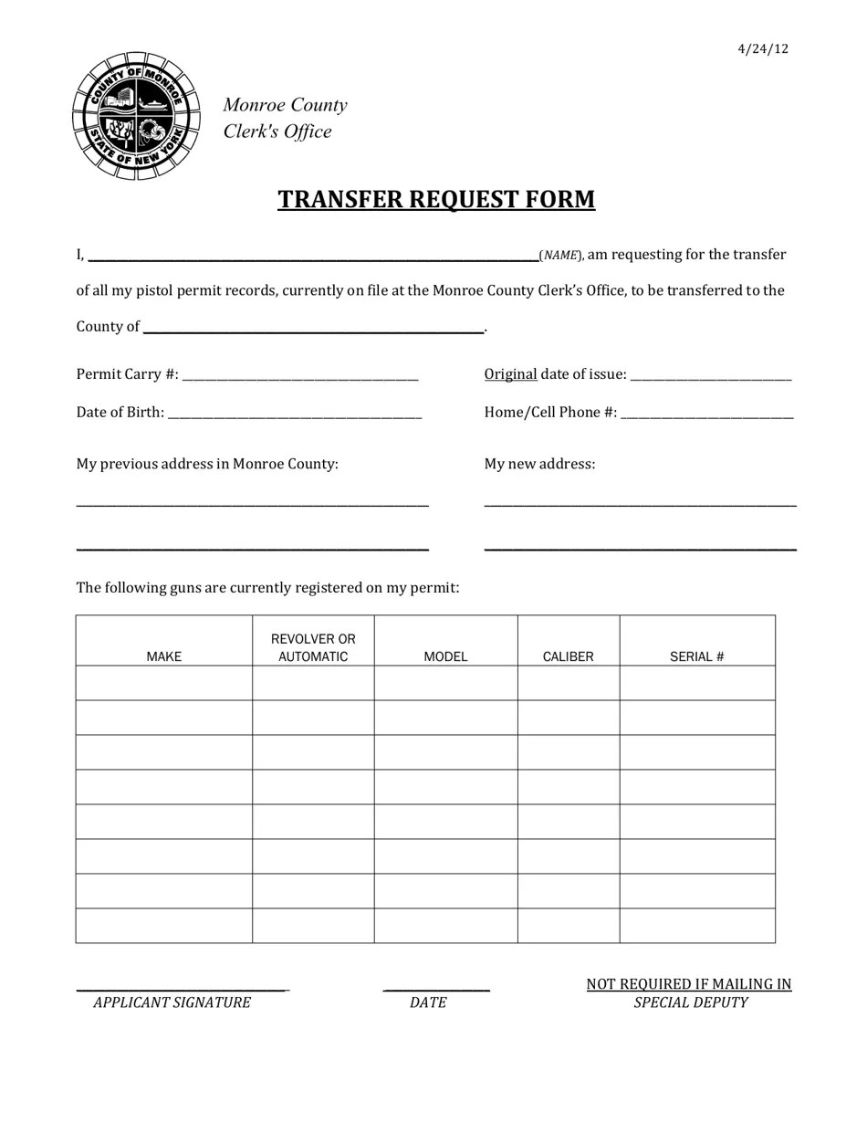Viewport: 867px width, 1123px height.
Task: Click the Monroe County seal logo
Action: (x=136, y=116)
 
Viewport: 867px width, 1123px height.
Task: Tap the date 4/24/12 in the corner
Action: (x=763, y=49)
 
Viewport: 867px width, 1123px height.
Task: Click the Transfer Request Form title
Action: (x=436, y=200)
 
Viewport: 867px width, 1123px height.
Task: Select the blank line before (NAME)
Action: (x=313, y=256)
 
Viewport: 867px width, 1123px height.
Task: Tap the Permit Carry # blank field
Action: (x=300, y=375)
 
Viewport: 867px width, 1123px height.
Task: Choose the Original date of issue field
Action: (x=711, y=375)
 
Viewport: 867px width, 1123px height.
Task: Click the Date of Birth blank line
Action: (x=295, y=414)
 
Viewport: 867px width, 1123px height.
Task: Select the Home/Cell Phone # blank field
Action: (x=706, y=414)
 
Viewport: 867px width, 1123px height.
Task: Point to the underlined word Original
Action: (x=510, y=374)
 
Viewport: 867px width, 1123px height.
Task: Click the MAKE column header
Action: (x=164, y=656)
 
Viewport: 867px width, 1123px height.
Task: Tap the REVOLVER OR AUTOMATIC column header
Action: (x=313, y=647)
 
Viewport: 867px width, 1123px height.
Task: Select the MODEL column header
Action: (x=445, y=656)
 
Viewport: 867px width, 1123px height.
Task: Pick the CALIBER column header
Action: (x=568, y=656)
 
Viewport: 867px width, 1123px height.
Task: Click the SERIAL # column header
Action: (x=697, y=656)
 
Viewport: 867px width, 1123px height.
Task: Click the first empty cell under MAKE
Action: (x=164, y=683)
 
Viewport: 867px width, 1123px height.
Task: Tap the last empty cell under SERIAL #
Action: (x=697, y=926)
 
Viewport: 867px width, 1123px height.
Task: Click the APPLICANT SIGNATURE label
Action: (x=172, y=1002)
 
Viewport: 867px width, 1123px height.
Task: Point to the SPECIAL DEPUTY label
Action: (x=691, y=1002)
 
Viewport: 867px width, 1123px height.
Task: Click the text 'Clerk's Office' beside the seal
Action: (x=277, y=131)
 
